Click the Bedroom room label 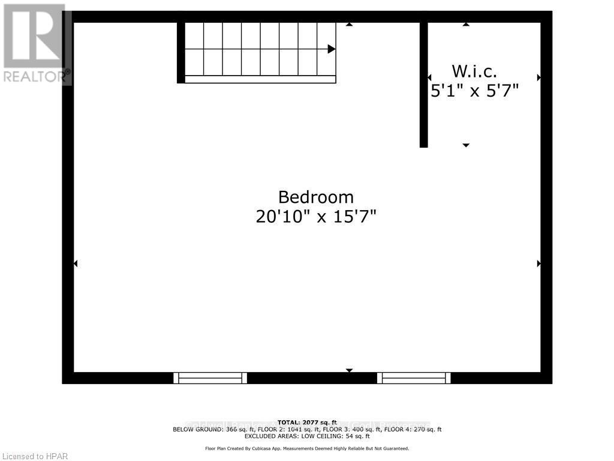pyautogui.click(x=316, y=197)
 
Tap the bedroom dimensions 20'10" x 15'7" pyautogui.click(x=316, y=216)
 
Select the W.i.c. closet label pyautogui.click(x=474, y=71)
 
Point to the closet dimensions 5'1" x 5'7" pyautogui.click(x=474, y=91)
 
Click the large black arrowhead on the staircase pyautogui.click(x=331, y=49)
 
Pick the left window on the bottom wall pyautogui.click(x=210, y=378)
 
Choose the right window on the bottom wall pyautogui.click(x=414, y=378)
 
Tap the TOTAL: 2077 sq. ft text pyautogui.click(x=307, y=423)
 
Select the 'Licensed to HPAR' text pyautogui.click(x=35, y=456)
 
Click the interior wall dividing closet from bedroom pyautogui.click(x=423, y=84)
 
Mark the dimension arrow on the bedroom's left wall pyautogui.click(x=76, y=263)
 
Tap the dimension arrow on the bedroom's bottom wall pyautogui.click(x=349, y=370)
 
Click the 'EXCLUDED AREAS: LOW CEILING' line pyautogui.click(x=307, y=436)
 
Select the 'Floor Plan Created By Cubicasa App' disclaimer pyautogui.click(x=307, y=448)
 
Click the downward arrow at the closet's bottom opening pyautogui.click(x=466, y=145)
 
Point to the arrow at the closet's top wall pyautogui.click(x=466, y=24)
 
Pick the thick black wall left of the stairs pyautogui.click(x=180, y=52)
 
